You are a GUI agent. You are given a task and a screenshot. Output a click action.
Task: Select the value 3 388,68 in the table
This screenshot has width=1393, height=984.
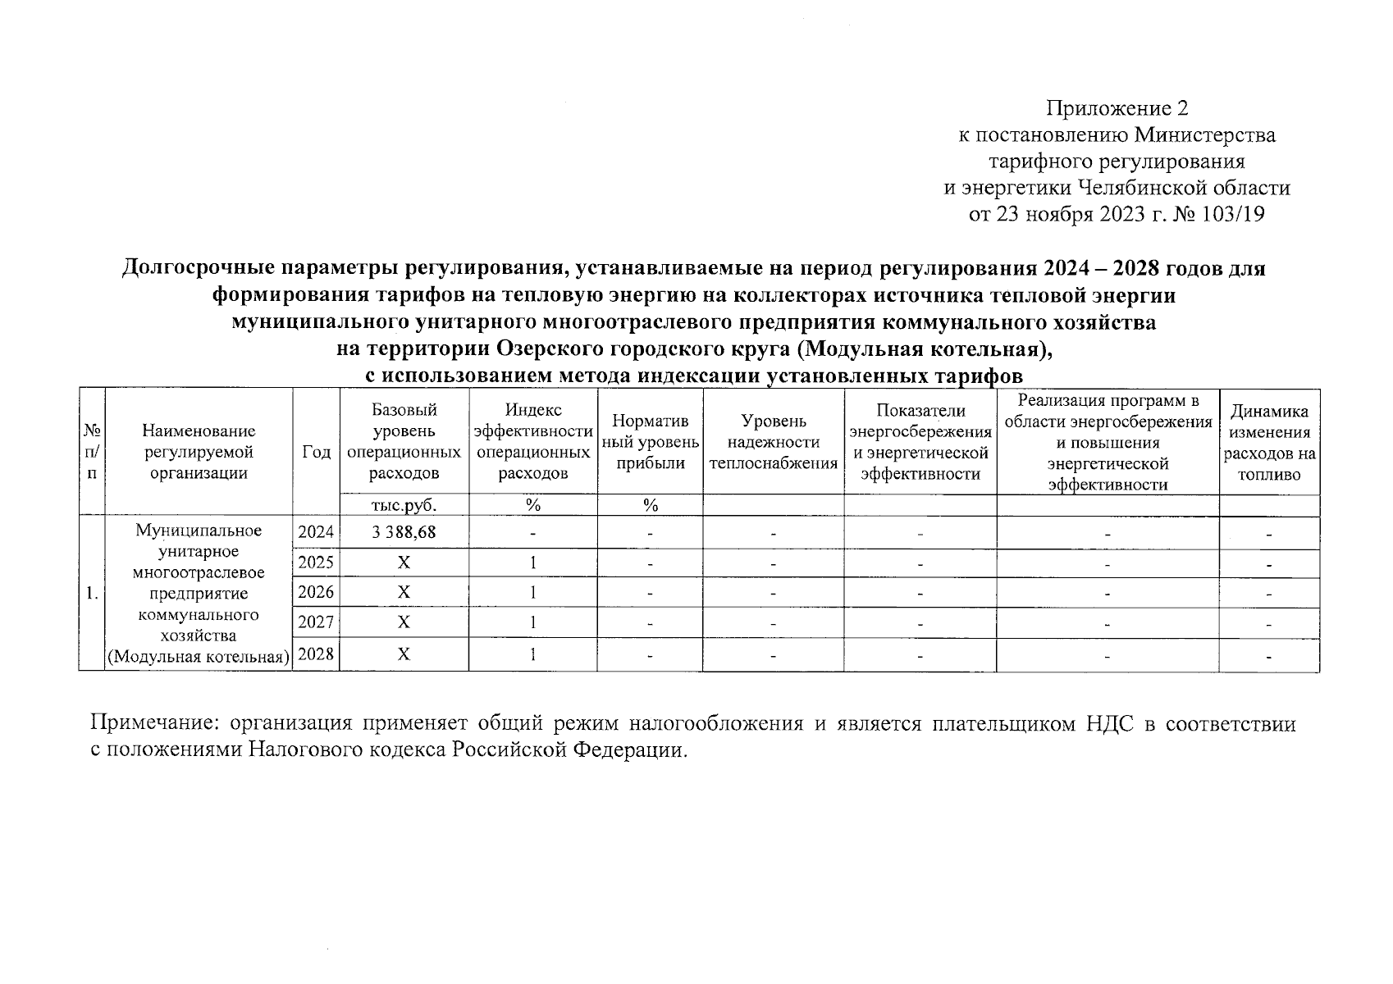click(x=404, y=532)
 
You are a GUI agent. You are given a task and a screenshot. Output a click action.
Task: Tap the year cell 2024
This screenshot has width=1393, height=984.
click(x=316, y=532)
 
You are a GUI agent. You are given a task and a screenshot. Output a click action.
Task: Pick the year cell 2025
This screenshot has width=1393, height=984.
click(x=316, y=563)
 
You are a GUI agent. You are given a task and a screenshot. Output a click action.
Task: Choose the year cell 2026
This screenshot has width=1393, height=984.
click(x=316, y=592)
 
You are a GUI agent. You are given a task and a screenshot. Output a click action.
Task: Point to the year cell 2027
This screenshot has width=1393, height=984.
click(x=316, y=622)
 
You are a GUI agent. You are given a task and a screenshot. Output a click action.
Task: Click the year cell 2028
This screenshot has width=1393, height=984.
click(x=316, y=654)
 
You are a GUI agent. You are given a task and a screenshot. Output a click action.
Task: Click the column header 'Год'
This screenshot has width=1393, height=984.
click(x=316, y=452)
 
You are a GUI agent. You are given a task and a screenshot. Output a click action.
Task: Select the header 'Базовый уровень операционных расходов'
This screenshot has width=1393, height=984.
click(x=404, y=441)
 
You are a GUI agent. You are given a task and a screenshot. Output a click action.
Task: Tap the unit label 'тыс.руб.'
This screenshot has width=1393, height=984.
click(x=404, y=505)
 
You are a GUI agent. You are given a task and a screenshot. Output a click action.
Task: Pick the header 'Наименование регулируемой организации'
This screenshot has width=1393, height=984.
click(x=199, y=452)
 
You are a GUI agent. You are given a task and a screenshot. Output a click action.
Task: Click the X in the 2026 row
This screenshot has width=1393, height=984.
click(x=404, y=592)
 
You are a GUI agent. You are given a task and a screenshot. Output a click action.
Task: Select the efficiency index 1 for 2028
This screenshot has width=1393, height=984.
click(x=533, y=654)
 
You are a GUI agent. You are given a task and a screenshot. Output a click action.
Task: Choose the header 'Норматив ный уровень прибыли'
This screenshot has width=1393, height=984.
click(x=651, y=442)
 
